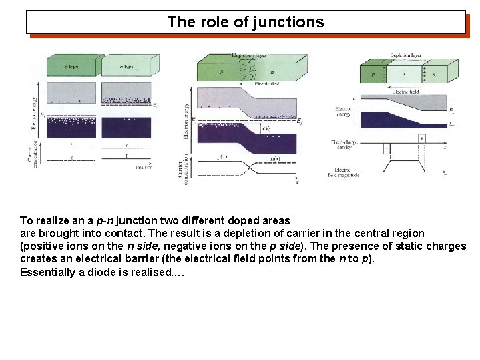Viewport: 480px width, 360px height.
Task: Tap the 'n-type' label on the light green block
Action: (126, 67)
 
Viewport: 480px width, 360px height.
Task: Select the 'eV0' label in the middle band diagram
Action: (265, 128)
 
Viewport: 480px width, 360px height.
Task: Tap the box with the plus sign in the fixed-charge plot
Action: (422, 138)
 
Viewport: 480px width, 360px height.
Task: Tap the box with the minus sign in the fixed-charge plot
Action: (387, 148)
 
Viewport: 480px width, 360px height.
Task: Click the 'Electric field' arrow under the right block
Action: (405, 90)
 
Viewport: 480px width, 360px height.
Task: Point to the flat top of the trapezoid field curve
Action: (405, 160)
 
